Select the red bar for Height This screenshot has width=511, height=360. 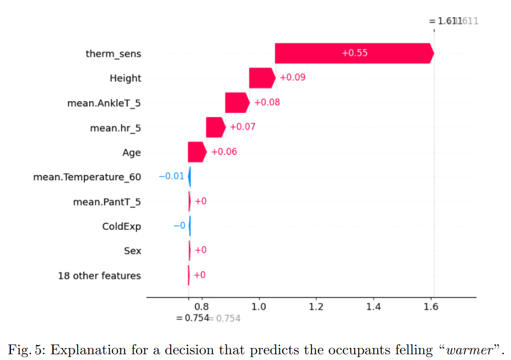point(262,78)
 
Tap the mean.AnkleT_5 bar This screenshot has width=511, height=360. point(237,103)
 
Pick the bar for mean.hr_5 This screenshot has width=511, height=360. point(215,128)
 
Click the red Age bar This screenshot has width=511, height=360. point(197,152)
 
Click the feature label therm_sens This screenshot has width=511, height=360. point(113,54)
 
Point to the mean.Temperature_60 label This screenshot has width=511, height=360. point(87,177)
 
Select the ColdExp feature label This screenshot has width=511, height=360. point(121,226)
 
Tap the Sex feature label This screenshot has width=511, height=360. point(133,251)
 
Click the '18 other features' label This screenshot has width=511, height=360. point(99,276)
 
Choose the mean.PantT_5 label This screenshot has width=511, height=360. point(107,202)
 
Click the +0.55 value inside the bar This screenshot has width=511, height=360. point(355,53)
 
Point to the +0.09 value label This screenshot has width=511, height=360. point(292,78)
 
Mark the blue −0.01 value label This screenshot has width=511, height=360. point(171,176)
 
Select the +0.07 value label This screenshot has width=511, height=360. point(243,127)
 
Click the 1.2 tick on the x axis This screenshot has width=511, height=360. point(316,307)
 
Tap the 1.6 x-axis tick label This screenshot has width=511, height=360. point(430,307)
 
